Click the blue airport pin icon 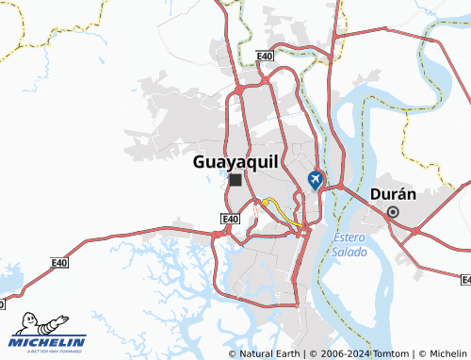tap(316, 178)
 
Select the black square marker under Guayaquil tap(235, 179)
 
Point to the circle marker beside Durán tap(393, 212)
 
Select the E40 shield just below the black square tap(230, 220)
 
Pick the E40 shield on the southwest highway tap(59, 263)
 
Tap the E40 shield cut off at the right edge tap(465, 280)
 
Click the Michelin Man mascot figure tap(29, 325)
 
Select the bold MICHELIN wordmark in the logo tap(49, 341)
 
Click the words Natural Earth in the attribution tap(272, 353)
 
